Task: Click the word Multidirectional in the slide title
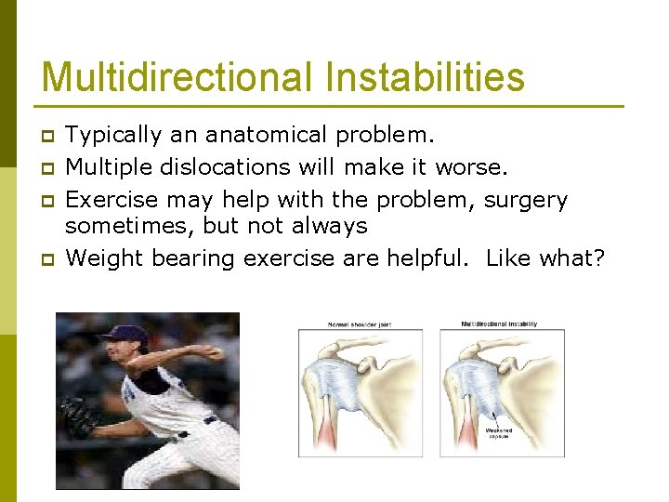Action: point(176,77)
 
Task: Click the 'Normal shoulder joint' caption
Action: point(359,324)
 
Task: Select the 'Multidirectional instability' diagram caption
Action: point(499,324)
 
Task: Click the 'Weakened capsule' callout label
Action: point(499,432)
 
